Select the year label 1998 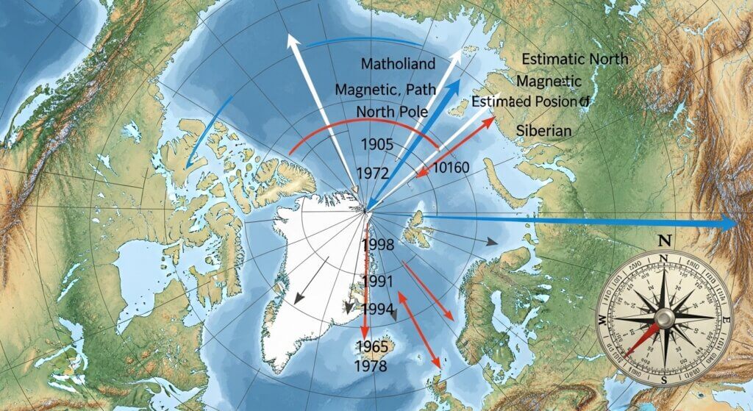pos(379,245)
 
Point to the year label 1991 pos(378,281)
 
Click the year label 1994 pos(377,309)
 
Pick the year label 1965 pos(371,346)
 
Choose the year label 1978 pos(371,365)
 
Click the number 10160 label pos(451,168)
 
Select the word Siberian pos(544,129)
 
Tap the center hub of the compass pos(664,318)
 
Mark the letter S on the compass pos(663,379)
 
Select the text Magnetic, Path pos(385,89)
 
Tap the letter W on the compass pos(602,318)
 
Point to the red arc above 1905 pos(353,118)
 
